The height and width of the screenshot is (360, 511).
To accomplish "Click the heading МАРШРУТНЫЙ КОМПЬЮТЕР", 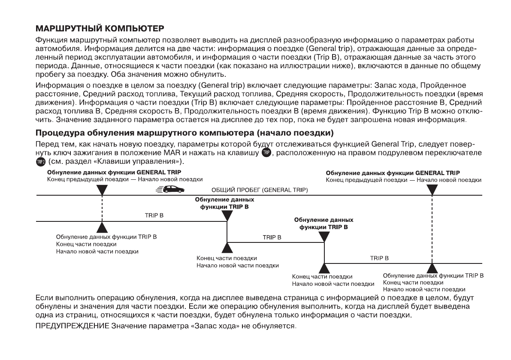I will pos(100,30).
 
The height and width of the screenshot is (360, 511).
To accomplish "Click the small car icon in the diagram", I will pos(171,189).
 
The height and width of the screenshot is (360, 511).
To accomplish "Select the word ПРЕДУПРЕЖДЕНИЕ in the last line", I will pos(72,327).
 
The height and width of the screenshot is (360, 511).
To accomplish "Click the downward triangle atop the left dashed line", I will pos(102,190).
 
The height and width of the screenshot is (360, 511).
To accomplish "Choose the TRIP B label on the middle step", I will pos(272,237).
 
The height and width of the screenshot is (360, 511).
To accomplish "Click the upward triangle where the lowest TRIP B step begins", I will pos(324,268).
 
